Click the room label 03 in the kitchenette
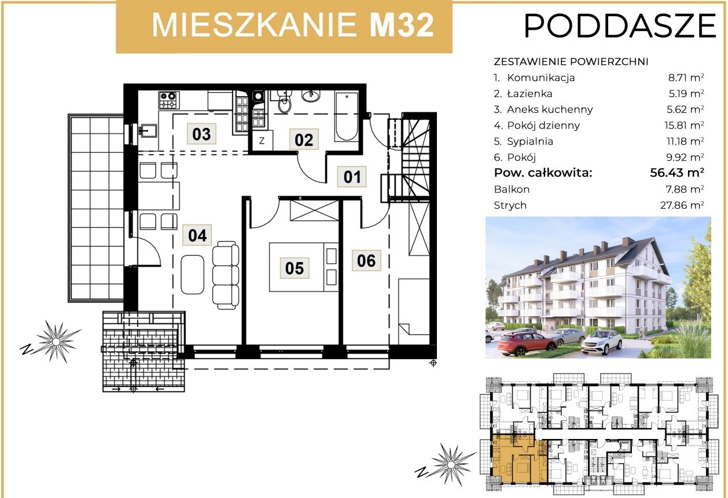click(x=201, y=134)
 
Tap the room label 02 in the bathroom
click(x=304, y=140)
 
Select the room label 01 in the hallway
click(x=352, y=177)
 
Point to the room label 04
click(x=197, y=235)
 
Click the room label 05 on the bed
click(x=295, y=268)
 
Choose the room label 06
click(x=366, y=260)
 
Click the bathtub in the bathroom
click(x=347, y=116)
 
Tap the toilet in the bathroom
click(x=285, y=101)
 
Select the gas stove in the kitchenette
click(x=168, y=99)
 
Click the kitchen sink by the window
click(x=148, y=131)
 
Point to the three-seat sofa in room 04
click(x=226, y=275)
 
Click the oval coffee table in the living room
click(x=192, y=275)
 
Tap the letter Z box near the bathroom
click(x=262, y=141)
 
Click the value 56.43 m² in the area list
click(x=677, y=172)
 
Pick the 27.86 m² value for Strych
click(x=682, y=205)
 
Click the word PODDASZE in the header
click(x=620, y=26)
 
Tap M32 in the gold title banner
click(x=402, y=25)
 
